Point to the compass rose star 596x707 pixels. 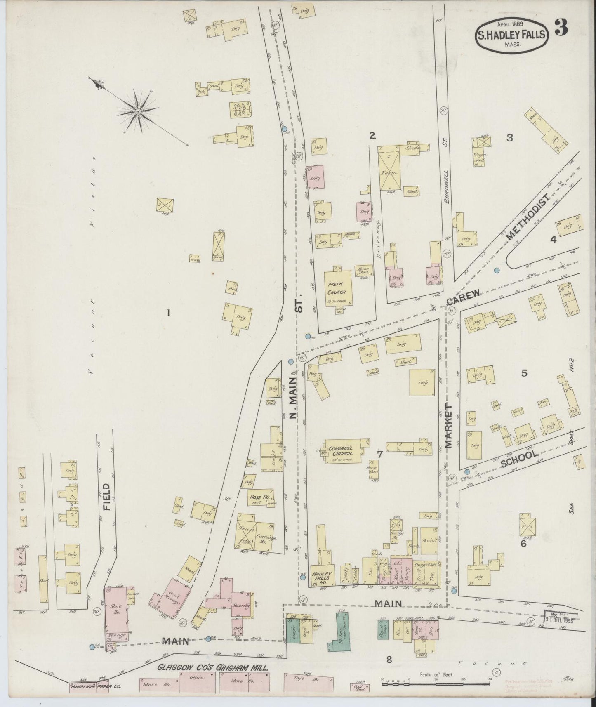coord(139,111)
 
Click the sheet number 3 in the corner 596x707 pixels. coord(561,28)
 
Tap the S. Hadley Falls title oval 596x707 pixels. coord(511,35)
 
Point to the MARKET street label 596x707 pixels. coord(449,426)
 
